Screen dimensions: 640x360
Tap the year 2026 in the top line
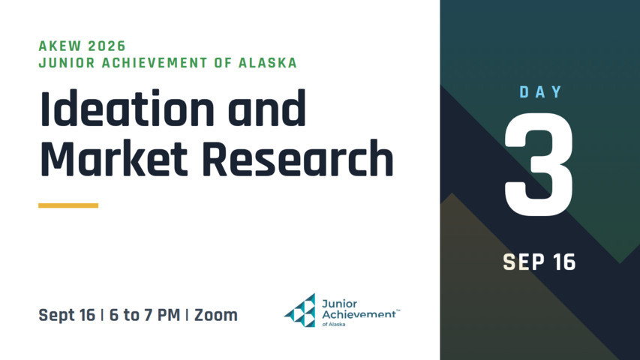pos(107,46)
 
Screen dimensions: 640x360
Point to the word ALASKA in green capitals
pos(268,63)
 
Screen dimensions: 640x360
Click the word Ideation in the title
pos(128,109)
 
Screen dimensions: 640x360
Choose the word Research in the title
pos(298,158)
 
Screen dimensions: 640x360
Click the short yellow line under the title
pos(68,205)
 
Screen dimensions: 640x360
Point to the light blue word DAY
pos(540,92)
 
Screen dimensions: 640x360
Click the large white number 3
pos(539,164)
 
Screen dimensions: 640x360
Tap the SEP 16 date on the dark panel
pos(539,262)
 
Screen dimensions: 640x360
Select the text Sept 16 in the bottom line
pos(67,315)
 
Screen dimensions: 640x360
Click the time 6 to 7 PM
pos(145,315)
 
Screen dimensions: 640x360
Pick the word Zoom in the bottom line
pos(215,315)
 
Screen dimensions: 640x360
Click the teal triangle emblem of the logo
pos(300,310)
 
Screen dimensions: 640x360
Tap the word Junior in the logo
pos(340,304)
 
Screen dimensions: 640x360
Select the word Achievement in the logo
pos(359,315)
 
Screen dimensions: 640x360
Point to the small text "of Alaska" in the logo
pos(334,325)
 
